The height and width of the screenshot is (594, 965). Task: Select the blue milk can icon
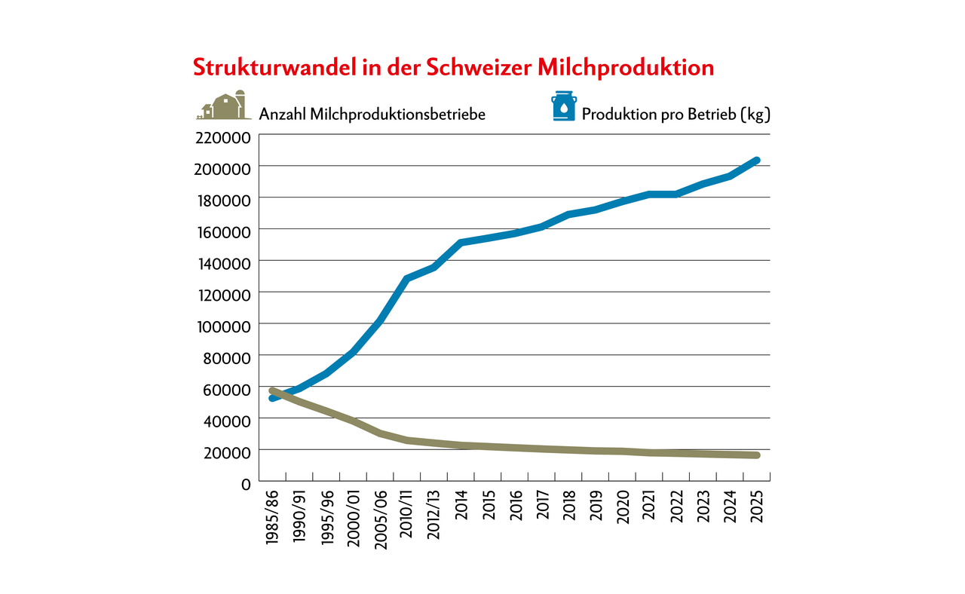563,106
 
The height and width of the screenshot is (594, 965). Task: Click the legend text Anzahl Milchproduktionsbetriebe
372,114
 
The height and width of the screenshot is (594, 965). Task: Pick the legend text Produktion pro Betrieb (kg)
675,114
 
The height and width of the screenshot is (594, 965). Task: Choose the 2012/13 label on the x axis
434,516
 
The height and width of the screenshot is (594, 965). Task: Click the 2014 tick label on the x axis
461,506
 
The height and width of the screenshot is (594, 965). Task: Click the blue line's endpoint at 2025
756,161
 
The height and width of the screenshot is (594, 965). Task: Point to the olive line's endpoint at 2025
756,455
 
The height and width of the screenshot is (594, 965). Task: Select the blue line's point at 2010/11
407,279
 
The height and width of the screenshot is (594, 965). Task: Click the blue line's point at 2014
461,243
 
